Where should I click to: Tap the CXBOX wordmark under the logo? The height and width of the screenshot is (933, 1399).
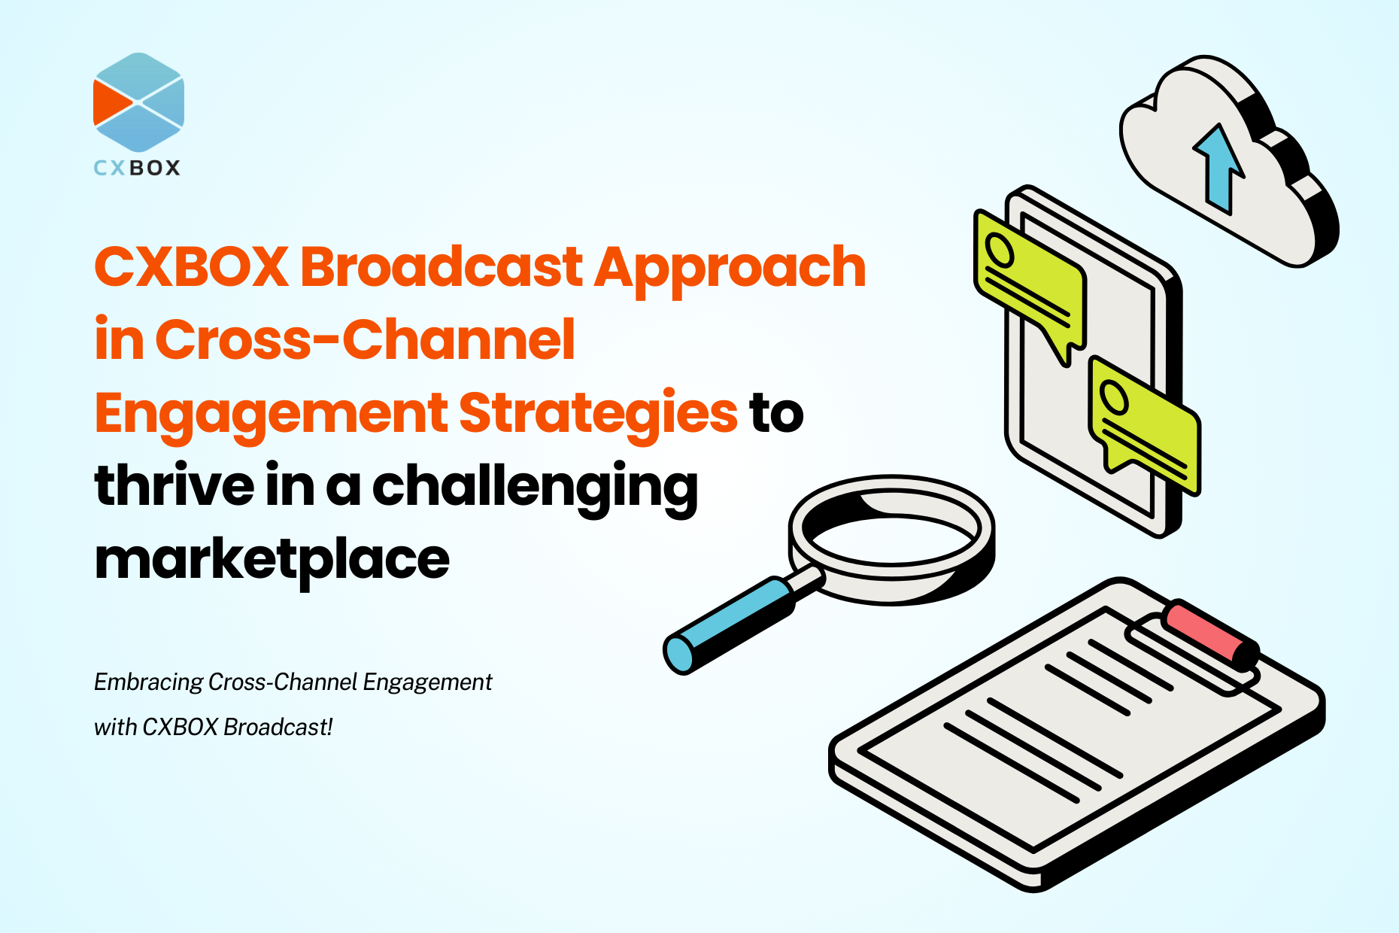coord(137,168)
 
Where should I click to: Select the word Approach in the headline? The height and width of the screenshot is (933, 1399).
coord(730,271)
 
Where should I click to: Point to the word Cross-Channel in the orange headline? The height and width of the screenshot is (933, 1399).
coord(365,339)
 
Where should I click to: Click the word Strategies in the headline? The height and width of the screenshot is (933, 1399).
coord(598,415)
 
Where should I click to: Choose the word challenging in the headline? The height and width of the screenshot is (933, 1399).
coord(536,489)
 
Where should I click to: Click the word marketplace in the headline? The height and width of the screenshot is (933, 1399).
coord(272,561)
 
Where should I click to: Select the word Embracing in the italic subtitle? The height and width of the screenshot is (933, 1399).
coord(148,682)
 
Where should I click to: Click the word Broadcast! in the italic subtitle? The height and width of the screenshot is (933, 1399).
coord(278,727)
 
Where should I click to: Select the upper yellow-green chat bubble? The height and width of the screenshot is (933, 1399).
coord(1029,283)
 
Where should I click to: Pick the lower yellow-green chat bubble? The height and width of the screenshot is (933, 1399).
coord(1144,425)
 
